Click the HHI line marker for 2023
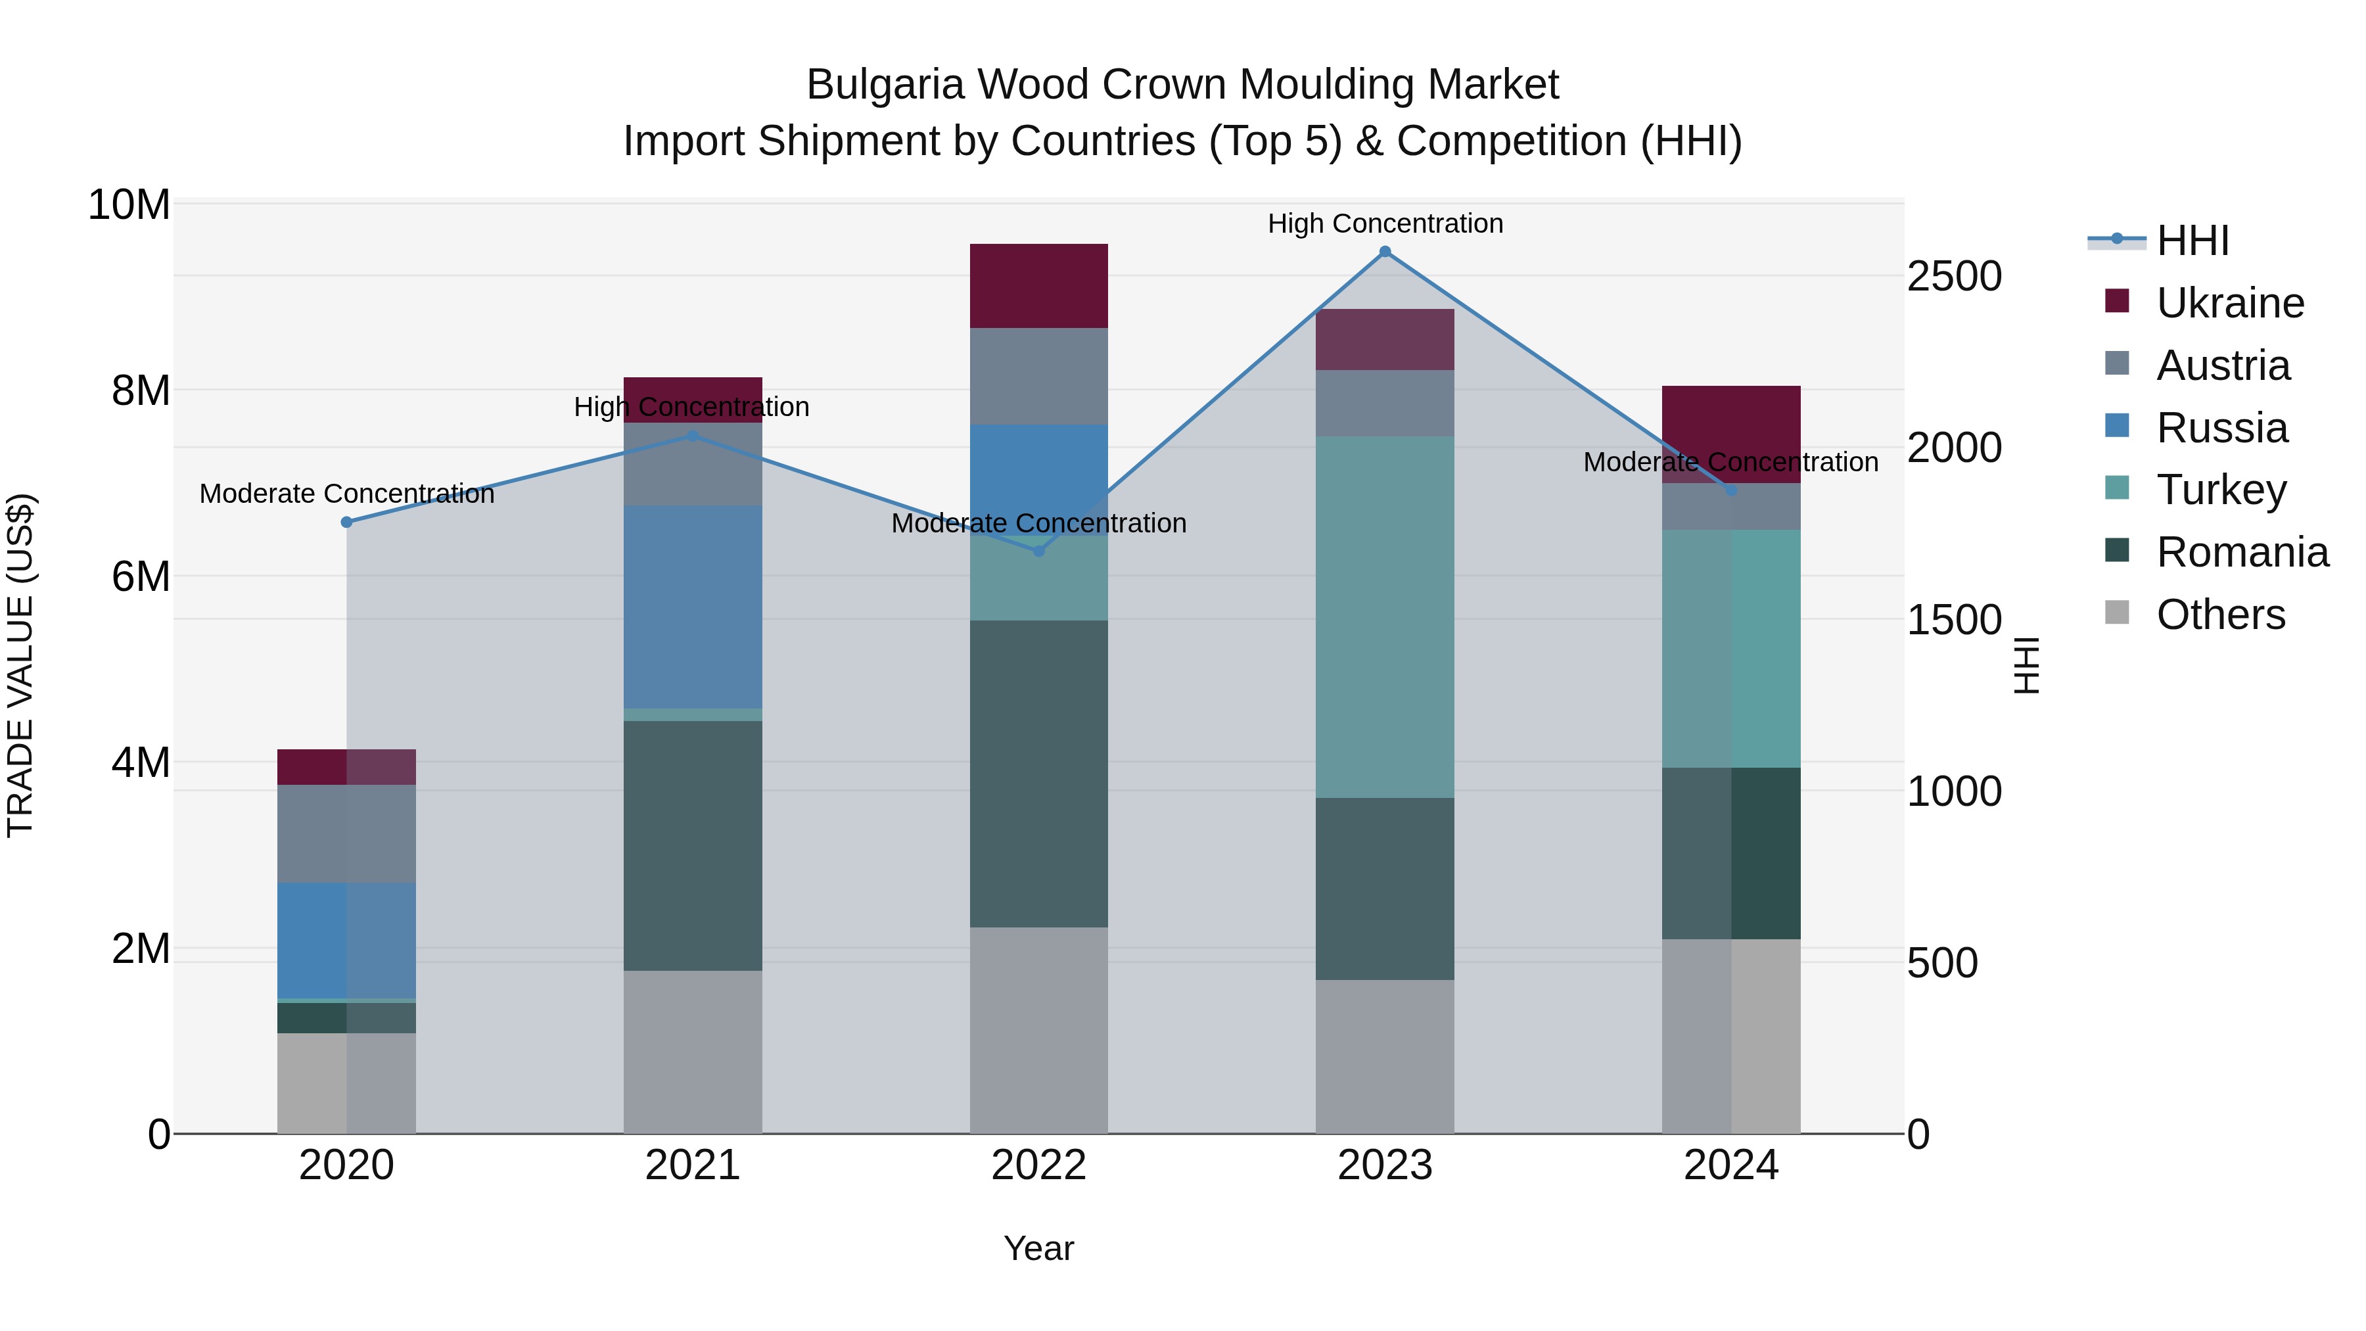coord(1385,252)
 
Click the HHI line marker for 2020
coord(346,522)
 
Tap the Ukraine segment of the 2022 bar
coord(1039,286)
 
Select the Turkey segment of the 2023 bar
coord(1385,617)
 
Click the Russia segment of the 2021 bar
coord(693,606)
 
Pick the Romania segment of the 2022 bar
coord(1039,774)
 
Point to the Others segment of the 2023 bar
coord(1385,1056)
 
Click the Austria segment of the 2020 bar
coord(346,833)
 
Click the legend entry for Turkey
coord(2221,490)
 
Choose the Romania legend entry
coord(2242,552)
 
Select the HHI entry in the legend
coord(2191,241)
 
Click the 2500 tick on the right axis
coord(1955,277)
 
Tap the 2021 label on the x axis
coord(693,1165)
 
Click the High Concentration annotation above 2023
coord(1385,223)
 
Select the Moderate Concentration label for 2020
coord(346,494)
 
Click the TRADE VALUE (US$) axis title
coord(20,665)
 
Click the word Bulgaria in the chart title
coord(885,85)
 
